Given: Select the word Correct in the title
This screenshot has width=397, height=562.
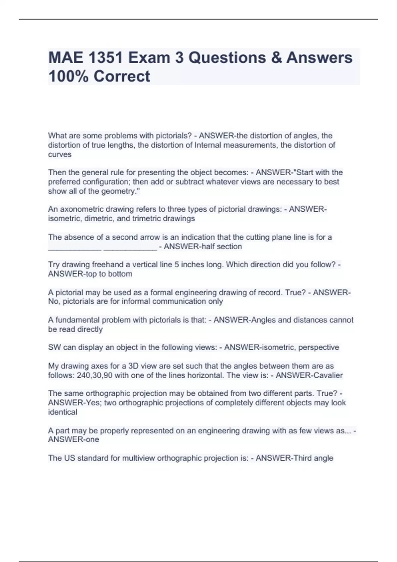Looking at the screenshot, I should (122, 76).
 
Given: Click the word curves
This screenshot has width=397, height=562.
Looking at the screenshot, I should (60, 154).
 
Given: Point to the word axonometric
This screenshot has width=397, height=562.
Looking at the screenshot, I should (79, 209).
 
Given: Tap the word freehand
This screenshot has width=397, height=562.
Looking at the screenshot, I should (106, 264).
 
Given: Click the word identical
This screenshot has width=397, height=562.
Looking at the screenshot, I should (63, 412).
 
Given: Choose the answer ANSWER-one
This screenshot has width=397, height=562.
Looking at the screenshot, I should (73, 440).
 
